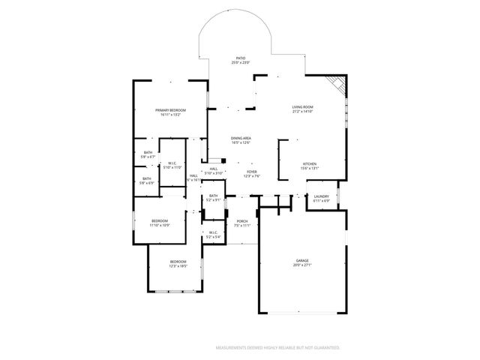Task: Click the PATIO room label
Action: [x=241, y=58]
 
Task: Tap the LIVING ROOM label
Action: [x=302, y=107]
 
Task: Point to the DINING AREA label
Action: [x=241, y=138]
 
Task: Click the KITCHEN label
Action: [x=310, y=164]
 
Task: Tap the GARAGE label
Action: [x=301, y=260]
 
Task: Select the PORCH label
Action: [x=241, y=220]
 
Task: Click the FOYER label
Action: [x=252, y=172]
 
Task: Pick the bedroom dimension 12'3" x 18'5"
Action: [x=177, y=265]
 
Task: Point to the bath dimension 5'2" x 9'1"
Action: [x=214, y=200]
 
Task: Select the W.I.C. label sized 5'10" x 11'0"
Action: [x=172, y=167]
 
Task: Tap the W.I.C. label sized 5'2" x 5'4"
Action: [x=213, y=236]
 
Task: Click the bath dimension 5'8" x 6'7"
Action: [x=148, y=157]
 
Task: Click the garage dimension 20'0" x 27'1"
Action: [x=301, y=265]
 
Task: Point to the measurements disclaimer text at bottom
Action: [x=277, y=348]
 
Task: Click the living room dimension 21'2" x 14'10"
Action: [x=302, y=112]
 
